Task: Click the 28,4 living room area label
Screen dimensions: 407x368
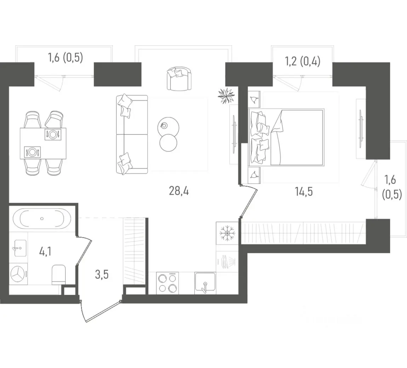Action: point(179,191)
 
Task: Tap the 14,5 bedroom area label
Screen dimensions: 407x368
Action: point(304,191)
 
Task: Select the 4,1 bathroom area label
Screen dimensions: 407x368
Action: point(45,252)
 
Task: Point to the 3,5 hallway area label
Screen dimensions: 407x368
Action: point(102,274)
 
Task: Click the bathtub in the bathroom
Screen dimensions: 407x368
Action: point(42,219)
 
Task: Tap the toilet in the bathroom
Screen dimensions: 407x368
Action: point(59,275)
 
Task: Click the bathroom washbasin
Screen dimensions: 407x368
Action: point(20,248)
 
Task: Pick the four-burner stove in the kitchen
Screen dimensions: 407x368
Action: point(167,283)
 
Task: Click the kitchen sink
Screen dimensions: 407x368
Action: point(205,283)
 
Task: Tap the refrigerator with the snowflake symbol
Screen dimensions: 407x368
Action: point(227,233)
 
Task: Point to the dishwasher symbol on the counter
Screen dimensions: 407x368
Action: point(227,261)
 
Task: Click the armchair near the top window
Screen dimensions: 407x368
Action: point(179,79)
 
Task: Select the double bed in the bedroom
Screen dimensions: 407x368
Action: point(286,137)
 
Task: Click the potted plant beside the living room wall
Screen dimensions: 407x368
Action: point(227,96)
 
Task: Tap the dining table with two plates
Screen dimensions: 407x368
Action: point(43,143)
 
